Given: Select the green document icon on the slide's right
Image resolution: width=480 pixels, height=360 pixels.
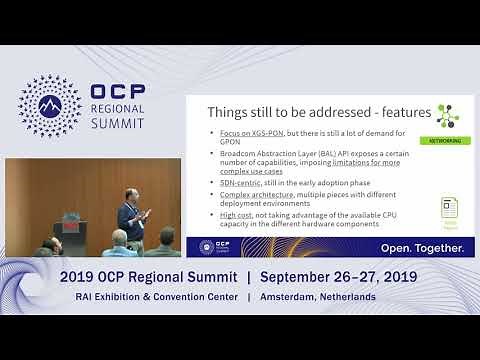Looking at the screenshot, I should [450, 212].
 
